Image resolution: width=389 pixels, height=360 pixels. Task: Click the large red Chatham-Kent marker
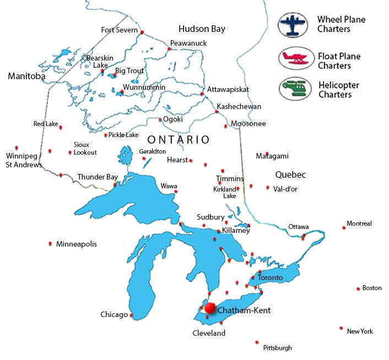tap(210, 308)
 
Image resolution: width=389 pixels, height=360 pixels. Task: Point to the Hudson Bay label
tap(202, 29)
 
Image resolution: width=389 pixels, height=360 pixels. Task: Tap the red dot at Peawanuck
tap(169, 49)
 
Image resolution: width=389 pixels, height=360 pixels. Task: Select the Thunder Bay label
tap(98, 177)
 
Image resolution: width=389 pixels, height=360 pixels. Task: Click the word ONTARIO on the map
tap(179, 140)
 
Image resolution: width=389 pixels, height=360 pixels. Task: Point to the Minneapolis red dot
tap(51, 243)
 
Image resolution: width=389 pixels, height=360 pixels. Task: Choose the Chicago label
tap(114, 315)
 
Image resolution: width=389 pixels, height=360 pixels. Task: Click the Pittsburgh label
tap(278, 348)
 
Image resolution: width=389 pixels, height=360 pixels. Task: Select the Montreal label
tap(359, 223)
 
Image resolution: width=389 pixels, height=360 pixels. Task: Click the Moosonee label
tap(248, 124)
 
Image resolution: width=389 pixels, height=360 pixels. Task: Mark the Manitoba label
tap(26, 77)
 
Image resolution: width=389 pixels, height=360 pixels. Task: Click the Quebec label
tap(290, 174)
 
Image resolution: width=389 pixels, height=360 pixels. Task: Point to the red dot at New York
tap(342, 329)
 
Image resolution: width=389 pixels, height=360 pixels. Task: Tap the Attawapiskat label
tap(228, 89)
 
